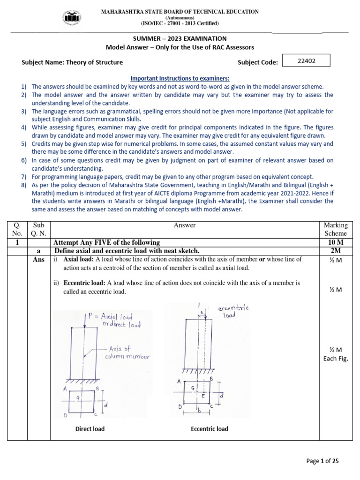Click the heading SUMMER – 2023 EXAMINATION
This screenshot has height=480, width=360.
180,39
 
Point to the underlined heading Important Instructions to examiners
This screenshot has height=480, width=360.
180,78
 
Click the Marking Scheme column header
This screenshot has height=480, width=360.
335,229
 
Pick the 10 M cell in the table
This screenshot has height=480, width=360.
335,242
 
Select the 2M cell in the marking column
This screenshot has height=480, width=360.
335,251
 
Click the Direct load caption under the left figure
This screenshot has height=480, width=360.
90,428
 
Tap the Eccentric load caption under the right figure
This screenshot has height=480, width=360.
210,428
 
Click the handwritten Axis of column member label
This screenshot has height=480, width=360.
128,352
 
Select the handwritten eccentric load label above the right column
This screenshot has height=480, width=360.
233,311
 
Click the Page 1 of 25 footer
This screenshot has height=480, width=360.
322,461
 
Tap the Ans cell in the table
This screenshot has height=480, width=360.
39,260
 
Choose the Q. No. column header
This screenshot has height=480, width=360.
17,229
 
